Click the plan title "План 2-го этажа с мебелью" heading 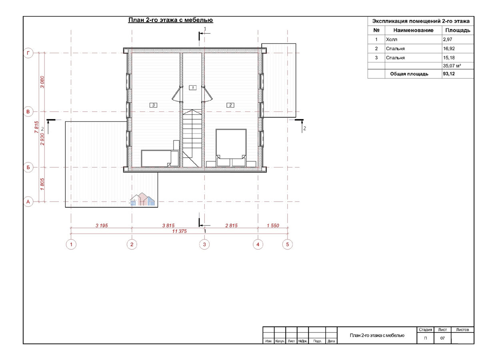pos(170,20)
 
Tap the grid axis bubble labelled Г pos(28,53)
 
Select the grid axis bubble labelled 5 pos(287,244)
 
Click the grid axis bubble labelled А pos(28,202)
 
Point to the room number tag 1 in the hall pos(192,88)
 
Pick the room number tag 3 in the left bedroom pos(153,105)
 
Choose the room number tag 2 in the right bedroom pos(230,105)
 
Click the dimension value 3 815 pos(168,225)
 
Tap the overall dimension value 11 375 pos(179,231)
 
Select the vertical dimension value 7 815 pos(36,127)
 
